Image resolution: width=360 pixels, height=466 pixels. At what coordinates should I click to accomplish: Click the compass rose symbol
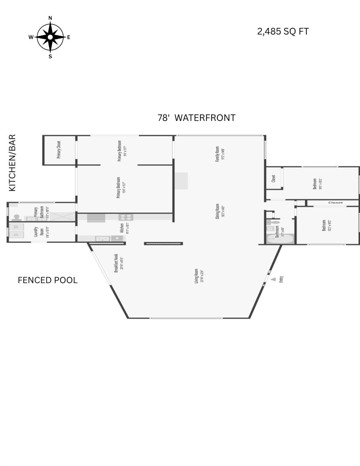tap(50, 37)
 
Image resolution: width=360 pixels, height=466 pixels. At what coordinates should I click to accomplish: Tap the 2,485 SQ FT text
tap(283, 32)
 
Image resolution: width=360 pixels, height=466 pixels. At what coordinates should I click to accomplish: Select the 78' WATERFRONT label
tap(196, 118)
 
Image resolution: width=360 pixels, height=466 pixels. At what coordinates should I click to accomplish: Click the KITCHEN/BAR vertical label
tap(12, 163)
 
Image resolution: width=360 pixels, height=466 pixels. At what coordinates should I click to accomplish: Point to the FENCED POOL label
tap(48, 280)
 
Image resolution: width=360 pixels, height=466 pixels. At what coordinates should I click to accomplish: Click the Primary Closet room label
tap(59, 150)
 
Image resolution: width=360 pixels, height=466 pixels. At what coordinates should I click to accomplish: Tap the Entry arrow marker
tap(273, 279)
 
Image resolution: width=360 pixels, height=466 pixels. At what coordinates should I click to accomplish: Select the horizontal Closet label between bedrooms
tap(335, 203)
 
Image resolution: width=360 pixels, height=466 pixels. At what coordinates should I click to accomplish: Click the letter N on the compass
tap(50, 18)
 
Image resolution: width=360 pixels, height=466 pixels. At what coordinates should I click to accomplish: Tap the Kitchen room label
tap(122, 228)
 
